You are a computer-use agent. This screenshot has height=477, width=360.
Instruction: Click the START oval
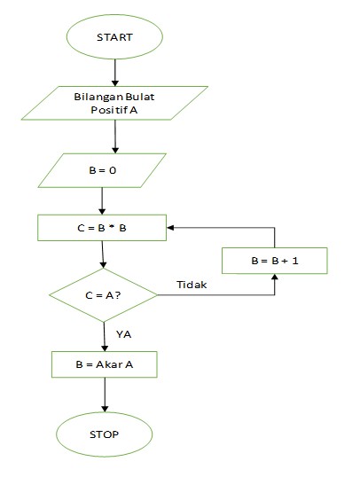(x=113, y=37)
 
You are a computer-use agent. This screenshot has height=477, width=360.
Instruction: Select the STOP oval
(x=105, y=434)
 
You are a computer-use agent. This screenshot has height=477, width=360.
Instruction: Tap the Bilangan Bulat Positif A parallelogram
(x=118, y=103)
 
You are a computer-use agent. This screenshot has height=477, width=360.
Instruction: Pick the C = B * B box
(x=102, y=227)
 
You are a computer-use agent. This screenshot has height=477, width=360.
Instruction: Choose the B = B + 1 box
(x=274, y=260)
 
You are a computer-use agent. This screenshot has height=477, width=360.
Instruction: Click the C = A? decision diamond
(x=105, y=294)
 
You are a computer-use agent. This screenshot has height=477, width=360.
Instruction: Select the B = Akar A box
(x=105, y=364)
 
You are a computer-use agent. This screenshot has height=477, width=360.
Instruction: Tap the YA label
(x=123, y=334)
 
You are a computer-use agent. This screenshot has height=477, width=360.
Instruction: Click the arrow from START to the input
(x=114, y=72)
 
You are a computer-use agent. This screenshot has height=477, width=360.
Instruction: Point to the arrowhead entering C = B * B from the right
(x=173, y=227)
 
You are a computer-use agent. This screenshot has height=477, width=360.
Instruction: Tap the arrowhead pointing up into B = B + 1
(x=274, y=278)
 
